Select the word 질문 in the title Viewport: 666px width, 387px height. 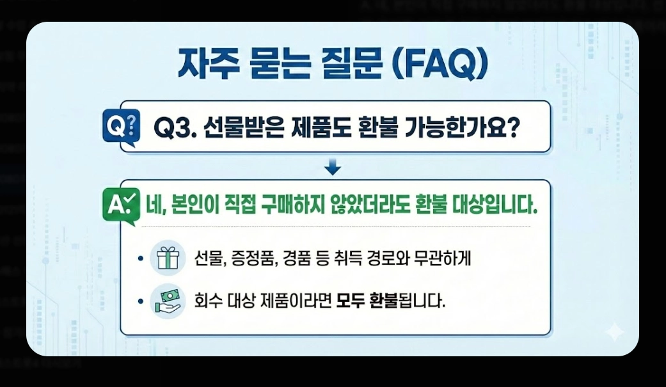[x=345, y=64]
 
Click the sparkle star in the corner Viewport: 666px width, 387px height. [x=615, y=331]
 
